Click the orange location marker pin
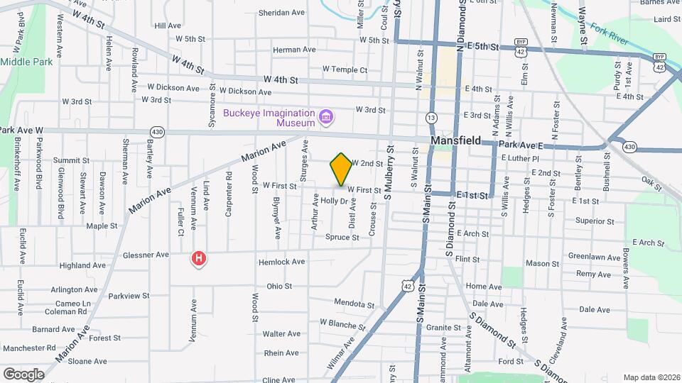point(341,169)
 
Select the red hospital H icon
point(200,259)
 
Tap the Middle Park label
point(26,62)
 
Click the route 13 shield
point(431,116)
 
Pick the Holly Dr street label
point(333,201)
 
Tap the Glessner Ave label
point(146,255)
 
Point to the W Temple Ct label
point(345,70)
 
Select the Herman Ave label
point(294,50)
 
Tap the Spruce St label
point(342,237)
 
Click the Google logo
point(23,374)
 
